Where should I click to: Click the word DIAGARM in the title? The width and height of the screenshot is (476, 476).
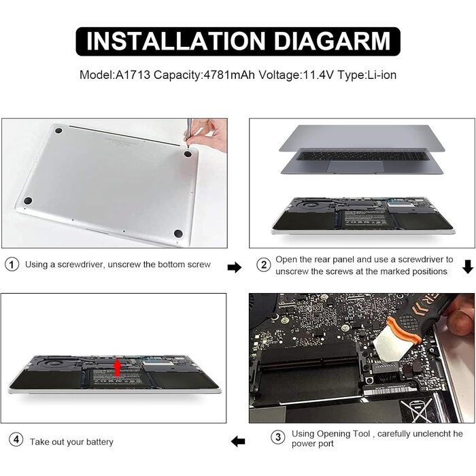point(332,41)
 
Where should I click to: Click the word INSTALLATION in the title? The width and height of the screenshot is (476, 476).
point(176,41)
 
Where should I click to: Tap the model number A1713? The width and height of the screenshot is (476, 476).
point(133,75)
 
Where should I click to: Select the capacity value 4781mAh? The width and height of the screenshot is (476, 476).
point(229,75)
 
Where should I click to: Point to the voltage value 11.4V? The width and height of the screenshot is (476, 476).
point(318,75)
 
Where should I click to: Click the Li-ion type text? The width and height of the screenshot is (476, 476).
point(382,75)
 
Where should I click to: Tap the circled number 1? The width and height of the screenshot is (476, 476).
point(12,265)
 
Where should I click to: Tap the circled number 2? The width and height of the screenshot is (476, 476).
point(264,265)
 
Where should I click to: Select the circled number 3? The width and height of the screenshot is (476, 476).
point(277,437)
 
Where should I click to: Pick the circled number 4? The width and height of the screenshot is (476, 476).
point(16,439)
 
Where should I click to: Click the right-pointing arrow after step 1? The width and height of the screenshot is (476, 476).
point(235,267)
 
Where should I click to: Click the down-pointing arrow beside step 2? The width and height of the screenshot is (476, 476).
point(468,267)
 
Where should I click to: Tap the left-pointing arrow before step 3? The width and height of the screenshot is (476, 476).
point(238,441)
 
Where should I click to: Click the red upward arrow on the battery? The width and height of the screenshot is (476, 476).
point(118,368)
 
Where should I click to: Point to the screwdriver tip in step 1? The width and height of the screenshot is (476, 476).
point(186,140)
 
